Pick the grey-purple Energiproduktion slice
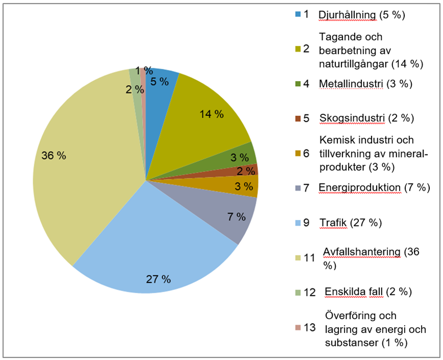(x=224, y=209)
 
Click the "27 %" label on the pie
(x=158, y=279)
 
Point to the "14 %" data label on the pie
(x=211, y=114)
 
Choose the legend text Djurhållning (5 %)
(x=361, y=14)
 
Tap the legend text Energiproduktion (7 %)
(x=374, y=188)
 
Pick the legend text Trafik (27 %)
(x=350, y=222)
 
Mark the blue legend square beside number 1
(x=298, y=14)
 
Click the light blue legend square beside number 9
(x=298, y=223)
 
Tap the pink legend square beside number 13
(x=298, y=327)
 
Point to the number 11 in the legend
(x=309, y=258)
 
